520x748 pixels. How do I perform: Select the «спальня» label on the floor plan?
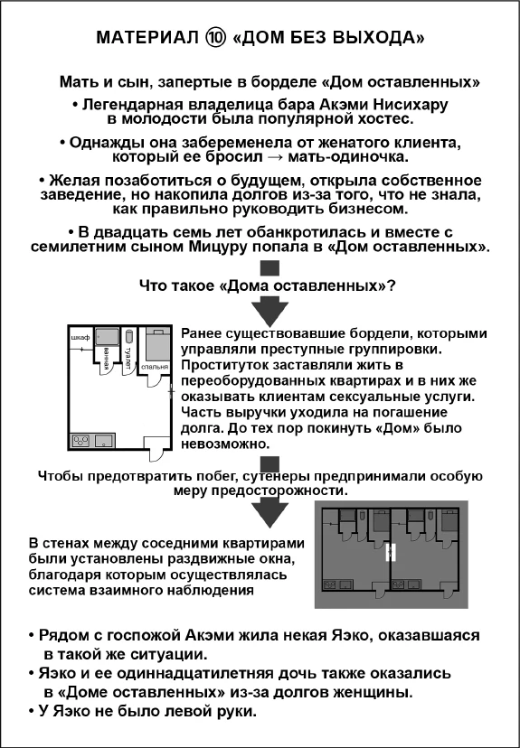click(x=153, y=367)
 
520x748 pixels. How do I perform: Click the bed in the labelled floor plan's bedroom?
click(x=156, y=344)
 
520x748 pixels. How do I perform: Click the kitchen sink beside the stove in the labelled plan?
click(x=102, y=441)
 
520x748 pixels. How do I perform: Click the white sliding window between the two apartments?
click(x=391, y=552)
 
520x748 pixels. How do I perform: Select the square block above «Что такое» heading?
click(x=268, y=267)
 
